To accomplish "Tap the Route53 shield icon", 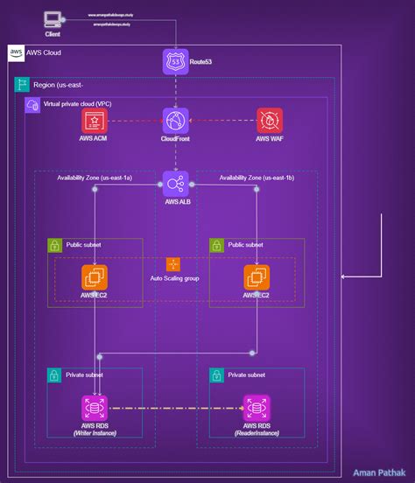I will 175,62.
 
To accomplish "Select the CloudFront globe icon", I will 175,121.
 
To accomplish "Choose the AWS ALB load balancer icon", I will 175,184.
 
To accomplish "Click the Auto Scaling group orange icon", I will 172,263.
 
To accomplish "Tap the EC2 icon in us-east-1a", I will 95,277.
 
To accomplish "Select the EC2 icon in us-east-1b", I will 257,277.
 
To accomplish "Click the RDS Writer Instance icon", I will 95,408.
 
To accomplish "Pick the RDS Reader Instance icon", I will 257,408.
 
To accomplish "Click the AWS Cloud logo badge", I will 17,53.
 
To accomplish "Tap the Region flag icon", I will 22,85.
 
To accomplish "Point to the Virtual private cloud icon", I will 32,105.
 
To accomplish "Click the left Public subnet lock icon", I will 54,246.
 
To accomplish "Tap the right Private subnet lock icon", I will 216,375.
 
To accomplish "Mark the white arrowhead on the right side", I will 344,277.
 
